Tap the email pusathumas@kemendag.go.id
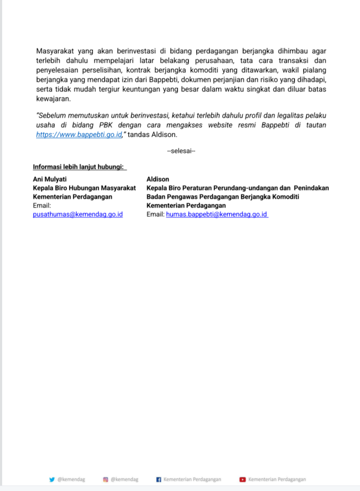(x=78, y=214)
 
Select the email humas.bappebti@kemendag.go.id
(x=217, y=214)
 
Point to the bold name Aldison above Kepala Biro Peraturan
(x=158, y=179)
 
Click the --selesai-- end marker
(x=180, y=151)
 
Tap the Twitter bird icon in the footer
(x=52, y=479)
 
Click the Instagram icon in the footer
(x=106, y=479)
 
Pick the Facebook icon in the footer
(x=159, y=479)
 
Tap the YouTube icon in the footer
(x=243, y=479)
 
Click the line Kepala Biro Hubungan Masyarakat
(x=84, y=188)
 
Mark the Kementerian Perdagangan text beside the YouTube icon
(x=277, y=479)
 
